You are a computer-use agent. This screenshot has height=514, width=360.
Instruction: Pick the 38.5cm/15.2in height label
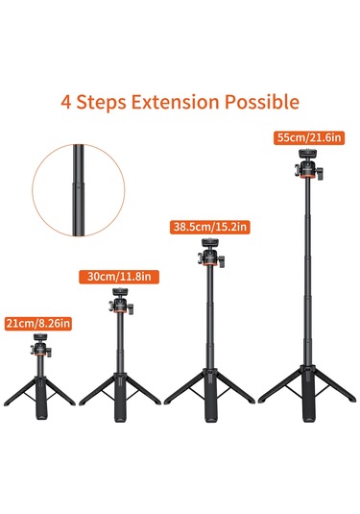(209, 227)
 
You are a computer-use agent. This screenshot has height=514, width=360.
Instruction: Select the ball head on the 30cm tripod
(121, 301)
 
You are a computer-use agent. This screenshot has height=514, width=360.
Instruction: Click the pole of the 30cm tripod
(121, 336)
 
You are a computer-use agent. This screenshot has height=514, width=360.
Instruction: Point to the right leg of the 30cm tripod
(143, 384)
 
